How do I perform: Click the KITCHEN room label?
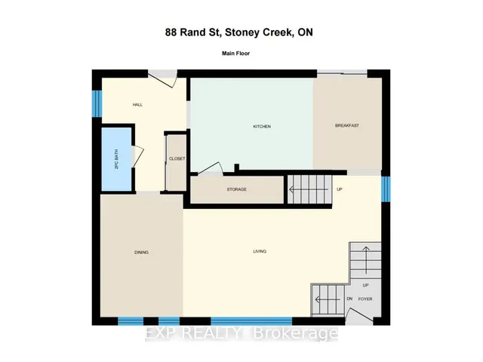262,127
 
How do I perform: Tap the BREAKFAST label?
347,126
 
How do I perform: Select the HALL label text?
137,105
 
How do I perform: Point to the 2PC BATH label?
116,159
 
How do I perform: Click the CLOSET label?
177,159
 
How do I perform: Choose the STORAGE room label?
236,189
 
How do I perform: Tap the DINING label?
141,253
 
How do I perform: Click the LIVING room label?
260,251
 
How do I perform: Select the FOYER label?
365,299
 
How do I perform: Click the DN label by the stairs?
349,299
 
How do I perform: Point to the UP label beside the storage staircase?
340,189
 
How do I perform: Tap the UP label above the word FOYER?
365,285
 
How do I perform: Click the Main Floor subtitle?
235,54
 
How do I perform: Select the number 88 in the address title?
171,32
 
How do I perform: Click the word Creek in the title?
276,32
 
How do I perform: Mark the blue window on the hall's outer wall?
97,103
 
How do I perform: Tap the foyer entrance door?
359,314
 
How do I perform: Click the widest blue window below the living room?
251,321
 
